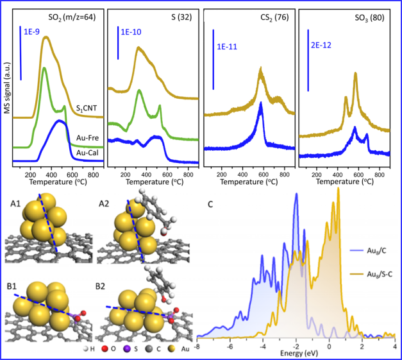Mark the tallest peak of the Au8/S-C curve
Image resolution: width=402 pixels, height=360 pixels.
coord(338,188)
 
